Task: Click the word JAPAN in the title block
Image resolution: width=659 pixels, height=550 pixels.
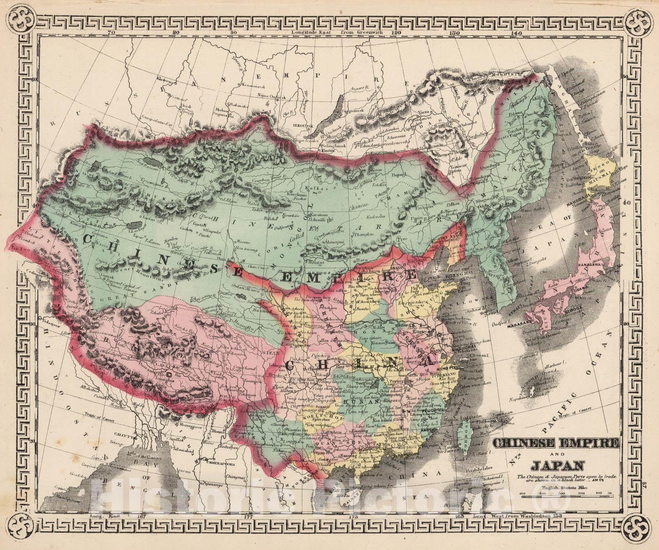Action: [x=558, y=466]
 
